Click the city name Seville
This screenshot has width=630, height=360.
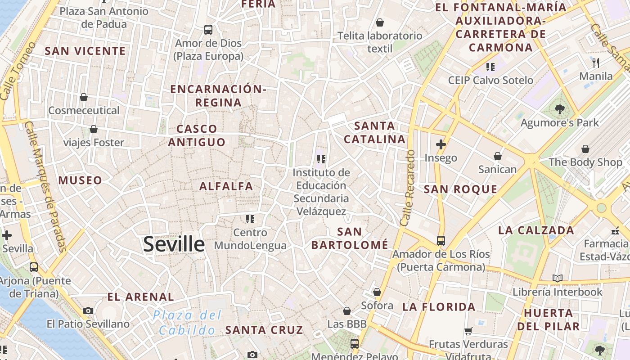[x=174, y=244]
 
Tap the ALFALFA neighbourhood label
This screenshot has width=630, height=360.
[x=226, y=186]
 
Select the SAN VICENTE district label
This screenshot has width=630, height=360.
[x=85, y=51]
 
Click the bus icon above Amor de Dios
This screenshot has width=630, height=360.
[x=208, y=30]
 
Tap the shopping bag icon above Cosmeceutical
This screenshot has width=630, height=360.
[x=84, y=97]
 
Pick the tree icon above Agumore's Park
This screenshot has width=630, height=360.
[x=560, y=109]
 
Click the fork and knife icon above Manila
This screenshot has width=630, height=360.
[x=596, y=63]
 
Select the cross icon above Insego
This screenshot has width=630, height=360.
[x=441, y=144]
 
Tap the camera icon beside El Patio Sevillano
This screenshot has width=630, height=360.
[x=88, y=310]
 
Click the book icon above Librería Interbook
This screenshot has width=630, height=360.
[x=558, y=278]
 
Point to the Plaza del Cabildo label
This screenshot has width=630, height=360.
[x=187, y=322]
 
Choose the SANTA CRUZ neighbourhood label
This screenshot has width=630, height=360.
[x=264, y=330]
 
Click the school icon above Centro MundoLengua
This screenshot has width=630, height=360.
[x=250, y=219]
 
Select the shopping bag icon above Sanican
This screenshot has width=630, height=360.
[x=498, y=156]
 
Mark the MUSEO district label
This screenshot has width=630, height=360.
[x=81, y=180]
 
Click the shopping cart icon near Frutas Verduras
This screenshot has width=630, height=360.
[x=468, y=331]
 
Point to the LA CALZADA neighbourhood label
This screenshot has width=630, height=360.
[x=536, y=230]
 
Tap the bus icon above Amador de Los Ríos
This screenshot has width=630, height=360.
[x=441, y=241]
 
